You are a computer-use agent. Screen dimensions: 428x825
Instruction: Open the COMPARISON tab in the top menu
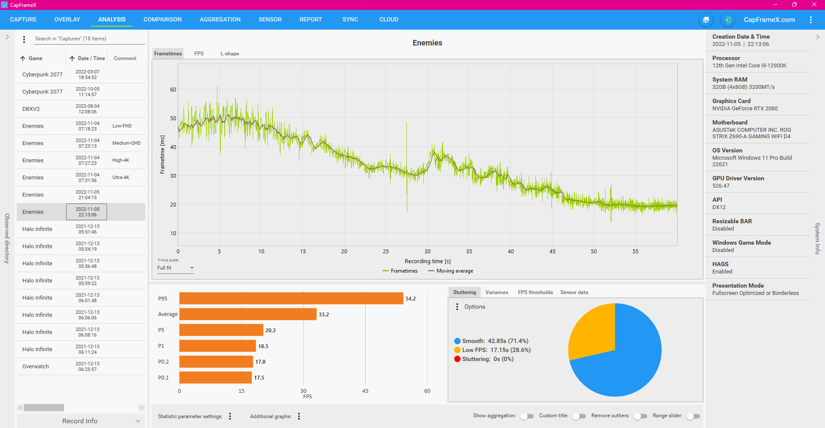[x=162, y=20]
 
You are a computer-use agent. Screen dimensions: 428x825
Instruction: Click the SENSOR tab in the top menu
[x=270, y=20]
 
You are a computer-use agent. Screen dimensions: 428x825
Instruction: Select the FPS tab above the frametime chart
[x=199, y=54]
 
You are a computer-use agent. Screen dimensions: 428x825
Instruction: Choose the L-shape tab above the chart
[x=230, y=54]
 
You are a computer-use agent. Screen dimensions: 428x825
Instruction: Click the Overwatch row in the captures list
[x=36, y=367]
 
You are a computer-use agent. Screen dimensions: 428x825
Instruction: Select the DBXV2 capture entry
[x=31, y=109]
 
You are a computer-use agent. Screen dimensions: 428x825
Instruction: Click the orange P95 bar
[x=291, y=298]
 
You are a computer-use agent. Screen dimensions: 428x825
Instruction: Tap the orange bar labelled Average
[x=247, y=314]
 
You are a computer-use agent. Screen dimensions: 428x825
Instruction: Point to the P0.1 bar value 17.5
[x=259, y=378]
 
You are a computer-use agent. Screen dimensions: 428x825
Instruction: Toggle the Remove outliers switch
[x=640, y=416]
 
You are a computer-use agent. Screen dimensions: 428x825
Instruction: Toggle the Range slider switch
[x=693, y=416]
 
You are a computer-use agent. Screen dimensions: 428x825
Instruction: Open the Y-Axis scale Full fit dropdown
[x=175, y=268]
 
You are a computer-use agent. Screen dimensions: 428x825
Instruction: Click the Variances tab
[x=497, y=292]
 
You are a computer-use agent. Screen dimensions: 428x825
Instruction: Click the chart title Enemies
[x=427, y=43]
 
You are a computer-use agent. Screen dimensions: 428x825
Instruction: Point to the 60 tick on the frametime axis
[x=173, y=90]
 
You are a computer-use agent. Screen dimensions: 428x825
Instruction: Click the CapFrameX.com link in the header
[x=769, y=20]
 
